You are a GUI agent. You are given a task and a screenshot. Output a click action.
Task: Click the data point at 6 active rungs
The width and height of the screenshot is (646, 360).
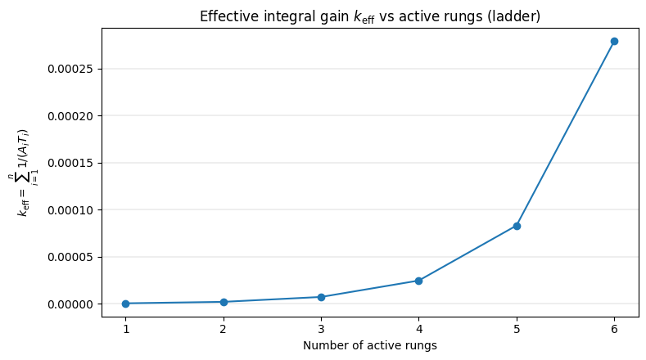(x=614, y=41)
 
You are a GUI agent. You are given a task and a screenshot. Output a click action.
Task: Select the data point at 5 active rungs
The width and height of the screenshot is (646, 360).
(x=517, y=226)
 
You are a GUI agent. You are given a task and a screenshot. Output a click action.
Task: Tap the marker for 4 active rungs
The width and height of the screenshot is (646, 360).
(x=418, y=281)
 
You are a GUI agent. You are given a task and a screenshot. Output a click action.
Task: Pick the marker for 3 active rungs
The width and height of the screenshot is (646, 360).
(x=321, y=297)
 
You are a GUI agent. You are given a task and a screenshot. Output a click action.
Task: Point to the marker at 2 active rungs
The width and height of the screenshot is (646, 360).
(x=224, y=302)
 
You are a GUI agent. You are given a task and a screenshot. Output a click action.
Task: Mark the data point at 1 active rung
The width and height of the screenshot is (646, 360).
(x=125, y=304)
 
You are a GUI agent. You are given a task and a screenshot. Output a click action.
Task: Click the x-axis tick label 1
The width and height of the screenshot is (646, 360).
(x=125, y=328)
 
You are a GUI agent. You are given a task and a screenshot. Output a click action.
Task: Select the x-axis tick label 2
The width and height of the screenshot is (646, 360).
(x=224, y=328)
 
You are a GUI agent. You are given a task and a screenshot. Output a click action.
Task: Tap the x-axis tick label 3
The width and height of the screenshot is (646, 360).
(x=321, y=328)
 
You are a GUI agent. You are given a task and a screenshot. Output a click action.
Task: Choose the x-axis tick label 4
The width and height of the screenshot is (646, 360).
(x=418, y=328)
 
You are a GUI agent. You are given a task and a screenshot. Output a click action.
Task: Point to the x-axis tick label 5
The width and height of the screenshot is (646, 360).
(x=517, y=328)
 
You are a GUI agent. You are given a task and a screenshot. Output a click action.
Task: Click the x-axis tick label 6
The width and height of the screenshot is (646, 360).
(x=614, y=328)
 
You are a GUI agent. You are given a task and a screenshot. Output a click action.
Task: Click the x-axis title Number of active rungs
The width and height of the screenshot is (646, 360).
(x=369, y=345)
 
